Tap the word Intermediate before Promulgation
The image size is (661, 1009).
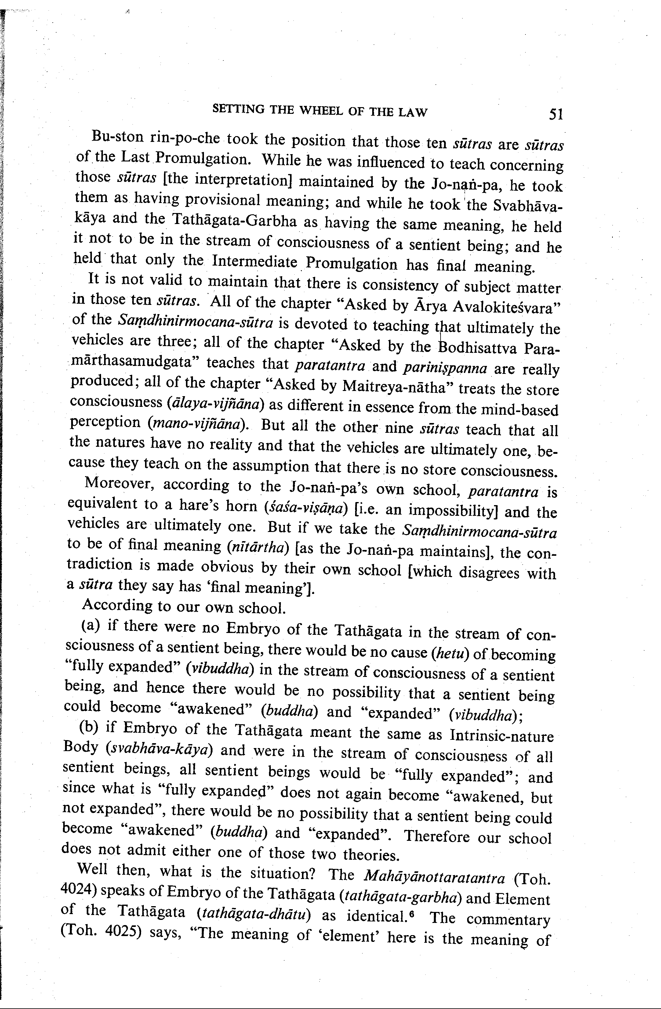[x=254, y=261]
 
